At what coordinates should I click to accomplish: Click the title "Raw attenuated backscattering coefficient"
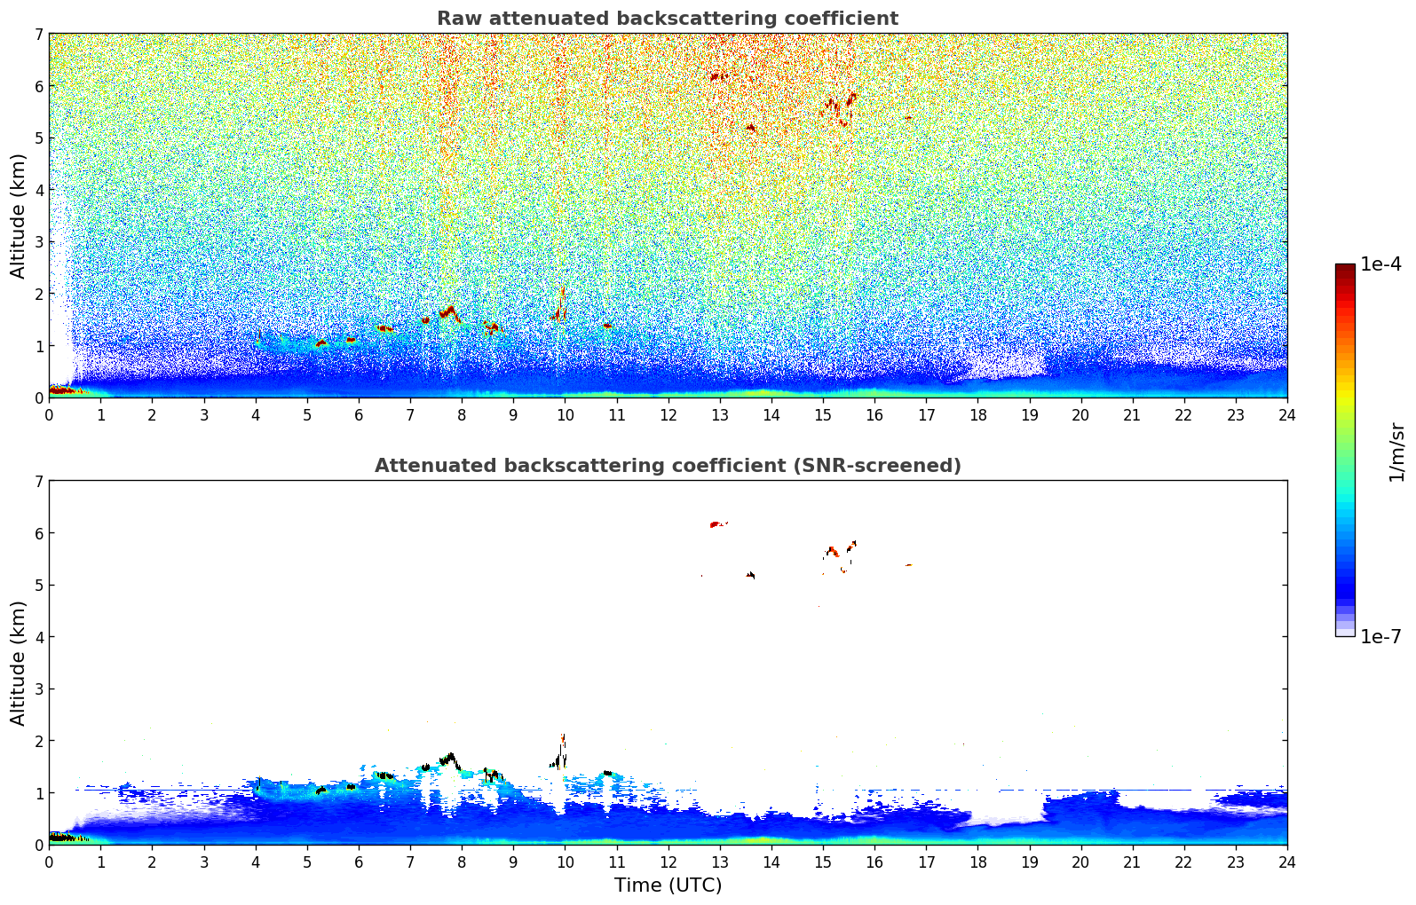pos(668,19)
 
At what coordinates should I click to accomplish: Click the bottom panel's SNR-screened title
pos(668,465)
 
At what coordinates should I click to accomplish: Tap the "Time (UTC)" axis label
pos(668,885)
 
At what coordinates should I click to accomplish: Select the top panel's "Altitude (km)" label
pos(18,216)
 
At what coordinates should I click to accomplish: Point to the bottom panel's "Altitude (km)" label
pos(18,663)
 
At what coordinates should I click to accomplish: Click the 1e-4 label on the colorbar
pos(1380,264)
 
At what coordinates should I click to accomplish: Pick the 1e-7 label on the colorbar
pos(1380,636)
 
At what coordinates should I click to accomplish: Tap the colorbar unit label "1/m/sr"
pos(1396,452)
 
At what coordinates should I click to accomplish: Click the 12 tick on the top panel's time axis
pos(668,415)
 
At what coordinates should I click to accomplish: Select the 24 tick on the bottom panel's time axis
pos(1287,862)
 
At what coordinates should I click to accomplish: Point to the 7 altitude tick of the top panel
pos(39,34)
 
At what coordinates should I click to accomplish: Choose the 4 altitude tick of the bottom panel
pos(39,637)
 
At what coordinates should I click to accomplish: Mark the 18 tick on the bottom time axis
pos(978,862)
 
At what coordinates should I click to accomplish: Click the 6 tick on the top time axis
pos(359,415)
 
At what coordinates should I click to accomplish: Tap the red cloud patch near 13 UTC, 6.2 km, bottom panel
pos(717,523)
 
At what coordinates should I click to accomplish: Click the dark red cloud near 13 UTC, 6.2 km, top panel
pos(718,77)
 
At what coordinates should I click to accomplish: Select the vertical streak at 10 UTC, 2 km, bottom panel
pos(561,752)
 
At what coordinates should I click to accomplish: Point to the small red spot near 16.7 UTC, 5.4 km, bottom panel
pos(908,565)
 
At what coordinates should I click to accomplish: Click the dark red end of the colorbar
pos(1345,269)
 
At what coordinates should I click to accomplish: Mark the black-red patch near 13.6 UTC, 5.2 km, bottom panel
pos(750,574)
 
